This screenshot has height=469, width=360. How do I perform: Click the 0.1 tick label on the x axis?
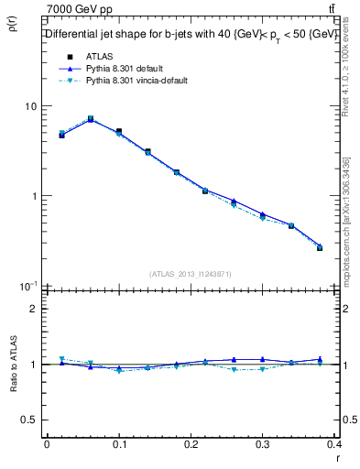(x=119, y=445)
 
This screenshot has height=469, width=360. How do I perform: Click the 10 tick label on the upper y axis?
(x=30, y=106)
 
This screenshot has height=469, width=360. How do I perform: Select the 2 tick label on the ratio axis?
(x=35, y=309)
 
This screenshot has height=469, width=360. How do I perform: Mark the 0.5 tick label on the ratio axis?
(x=30, y=420)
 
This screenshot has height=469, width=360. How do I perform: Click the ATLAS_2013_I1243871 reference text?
(x=191, y=274)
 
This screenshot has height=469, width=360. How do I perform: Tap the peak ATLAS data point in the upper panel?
(x=90, y=119)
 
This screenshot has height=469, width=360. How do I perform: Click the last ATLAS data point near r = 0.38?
(x=319, y=247)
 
